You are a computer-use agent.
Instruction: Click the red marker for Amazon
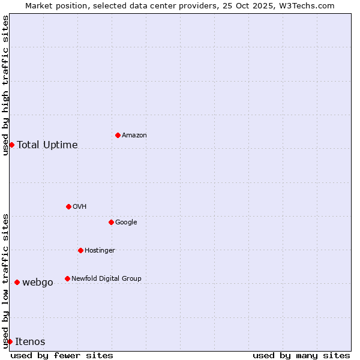tap(118, 135)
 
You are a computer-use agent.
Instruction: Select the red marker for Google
tap(111, 222)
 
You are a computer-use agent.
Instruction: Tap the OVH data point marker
tap(68, 206)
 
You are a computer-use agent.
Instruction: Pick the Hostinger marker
tap(80, 250)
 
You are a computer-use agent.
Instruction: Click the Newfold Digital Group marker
tap(67, 278)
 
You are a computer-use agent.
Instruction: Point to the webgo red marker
tap(17, 282)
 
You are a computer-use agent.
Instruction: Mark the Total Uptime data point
tap(11, 145)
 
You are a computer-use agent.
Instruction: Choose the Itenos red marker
tap(10, 341)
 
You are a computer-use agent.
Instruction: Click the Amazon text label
tap(134, 136)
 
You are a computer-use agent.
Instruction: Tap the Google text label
tap(126, 223)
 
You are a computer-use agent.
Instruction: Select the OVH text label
tap(80, 207)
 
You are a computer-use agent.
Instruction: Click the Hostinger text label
tap(100, 251)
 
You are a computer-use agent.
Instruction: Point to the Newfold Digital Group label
tap(106, 278)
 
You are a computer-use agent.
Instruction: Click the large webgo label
tap(38, 283)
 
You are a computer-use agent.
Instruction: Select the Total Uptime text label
tap(47, 145)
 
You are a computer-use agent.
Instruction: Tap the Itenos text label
tap(30, 342)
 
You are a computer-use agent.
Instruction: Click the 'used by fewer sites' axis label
tap(62, 355)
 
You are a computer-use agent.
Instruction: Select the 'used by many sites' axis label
tap(301, 355)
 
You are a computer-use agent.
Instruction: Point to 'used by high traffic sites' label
tap(5, 85)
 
